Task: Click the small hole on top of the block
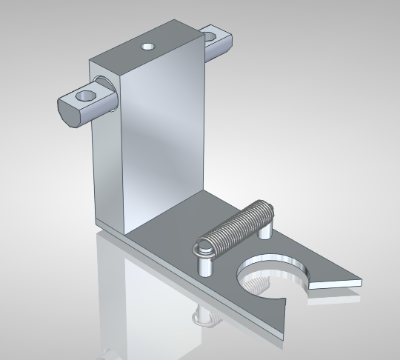pyautogui.click(x=148, y=47)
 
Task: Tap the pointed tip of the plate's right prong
pyautogui.click(x=361, y=281)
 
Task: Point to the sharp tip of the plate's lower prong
pyautogui.click(x=281, y=337)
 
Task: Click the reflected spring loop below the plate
pyautogui.click(x=205, y=319)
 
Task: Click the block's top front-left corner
pyautogui.click(x=124, y=76)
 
